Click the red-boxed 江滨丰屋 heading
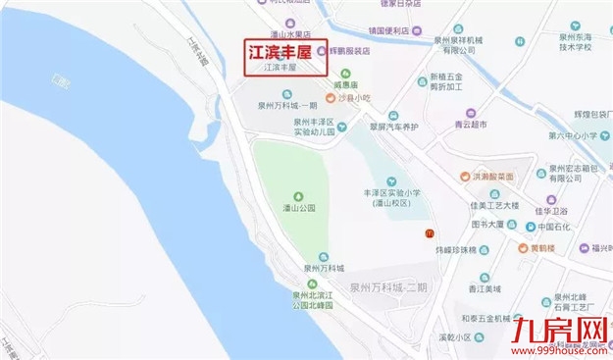[283, 50]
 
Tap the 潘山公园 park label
[298, 208]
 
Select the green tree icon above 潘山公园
[298, 192]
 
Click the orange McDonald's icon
[429, 232]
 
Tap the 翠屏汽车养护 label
[390, 128]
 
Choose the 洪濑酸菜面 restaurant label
[491, 177]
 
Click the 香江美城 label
[485, 289]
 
